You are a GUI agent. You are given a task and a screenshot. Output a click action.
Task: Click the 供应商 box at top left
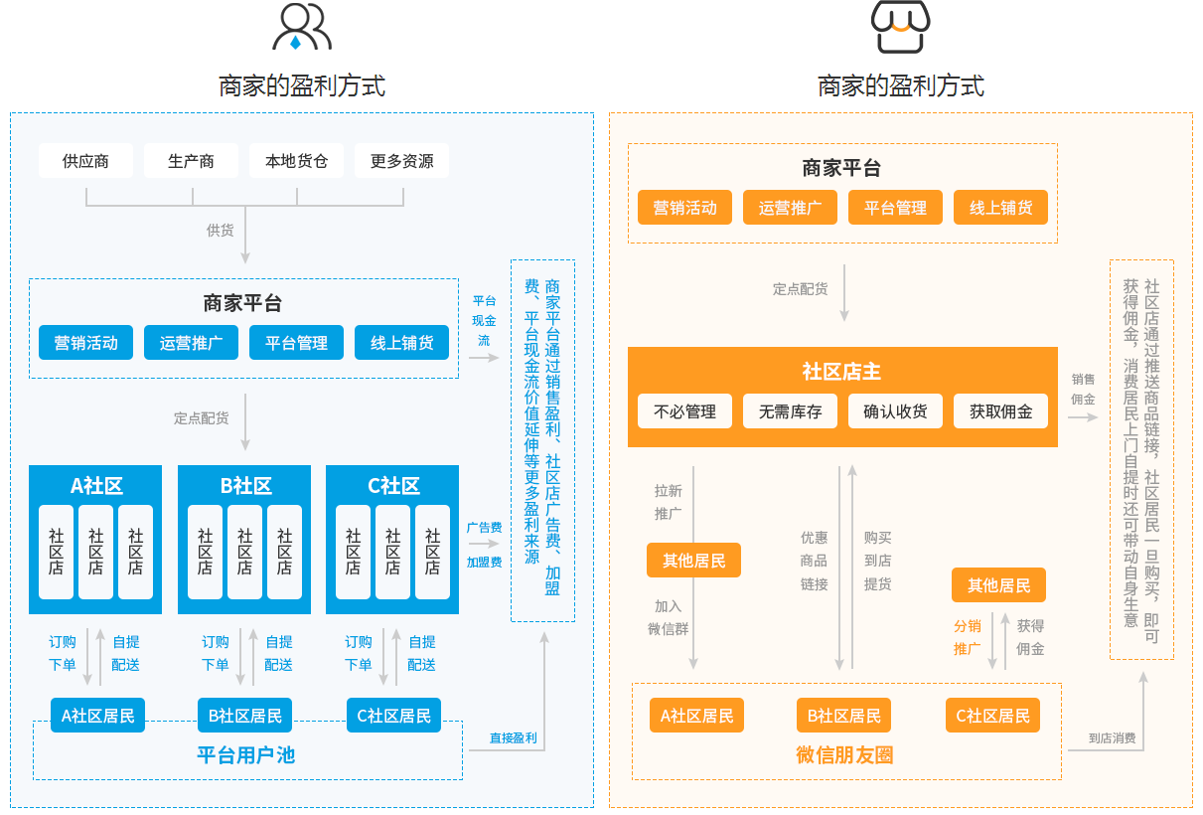[85, 161]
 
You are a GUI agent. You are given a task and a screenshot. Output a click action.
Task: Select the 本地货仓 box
[296, 161]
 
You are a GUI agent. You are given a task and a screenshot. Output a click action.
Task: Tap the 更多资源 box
[401, 161]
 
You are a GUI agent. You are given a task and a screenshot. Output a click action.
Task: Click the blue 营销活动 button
[85, 343]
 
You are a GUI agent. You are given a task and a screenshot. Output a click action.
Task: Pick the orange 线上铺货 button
[1000, 208]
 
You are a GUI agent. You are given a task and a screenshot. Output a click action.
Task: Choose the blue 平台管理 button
[296, 343]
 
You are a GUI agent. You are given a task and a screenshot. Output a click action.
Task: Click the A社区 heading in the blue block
[95, 486]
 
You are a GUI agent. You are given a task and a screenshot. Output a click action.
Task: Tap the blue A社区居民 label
[97, 716]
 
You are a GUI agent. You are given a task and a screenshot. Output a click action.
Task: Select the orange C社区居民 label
[992, 716]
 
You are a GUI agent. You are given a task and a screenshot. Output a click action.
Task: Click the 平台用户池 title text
[245, 755]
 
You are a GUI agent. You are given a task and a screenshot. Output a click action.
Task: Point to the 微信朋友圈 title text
[844, 755]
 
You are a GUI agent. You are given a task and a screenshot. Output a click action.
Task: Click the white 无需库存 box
[790, 411]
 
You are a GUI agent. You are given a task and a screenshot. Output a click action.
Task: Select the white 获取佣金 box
[1000, 411]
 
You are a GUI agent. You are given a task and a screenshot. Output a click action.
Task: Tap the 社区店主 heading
[841, 372]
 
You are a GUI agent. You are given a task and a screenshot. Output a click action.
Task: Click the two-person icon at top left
[301, 28]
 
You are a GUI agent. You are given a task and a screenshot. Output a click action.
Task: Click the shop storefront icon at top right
[900, 27]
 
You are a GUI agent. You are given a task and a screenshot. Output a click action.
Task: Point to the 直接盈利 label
[513, 738]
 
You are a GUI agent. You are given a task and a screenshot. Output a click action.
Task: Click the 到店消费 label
[1112, 738]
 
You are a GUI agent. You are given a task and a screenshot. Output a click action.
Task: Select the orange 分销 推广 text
[968, 637]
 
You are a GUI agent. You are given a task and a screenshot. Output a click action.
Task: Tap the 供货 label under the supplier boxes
[220, 231]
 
